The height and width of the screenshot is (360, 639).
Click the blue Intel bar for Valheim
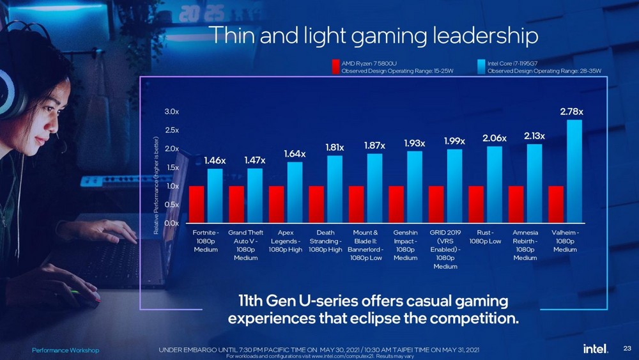574,171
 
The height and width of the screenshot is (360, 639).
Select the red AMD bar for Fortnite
197,204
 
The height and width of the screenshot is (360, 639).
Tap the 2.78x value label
571,112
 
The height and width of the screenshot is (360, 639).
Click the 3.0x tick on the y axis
172,112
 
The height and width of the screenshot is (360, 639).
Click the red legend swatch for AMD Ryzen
335,67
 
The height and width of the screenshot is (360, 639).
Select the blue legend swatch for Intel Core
482,67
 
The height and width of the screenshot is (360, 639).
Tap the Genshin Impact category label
406,245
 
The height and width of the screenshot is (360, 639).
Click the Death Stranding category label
326,241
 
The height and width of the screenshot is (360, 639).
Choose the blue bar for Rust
494,184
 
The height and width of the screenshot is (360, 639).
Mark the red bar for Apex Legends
277,204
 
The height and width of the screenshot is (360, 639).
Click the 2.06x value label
494,138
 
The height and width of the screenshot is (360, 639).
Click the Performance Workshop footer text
66,350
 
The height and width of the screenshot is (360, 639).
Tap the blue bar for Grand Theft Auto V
254,195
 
